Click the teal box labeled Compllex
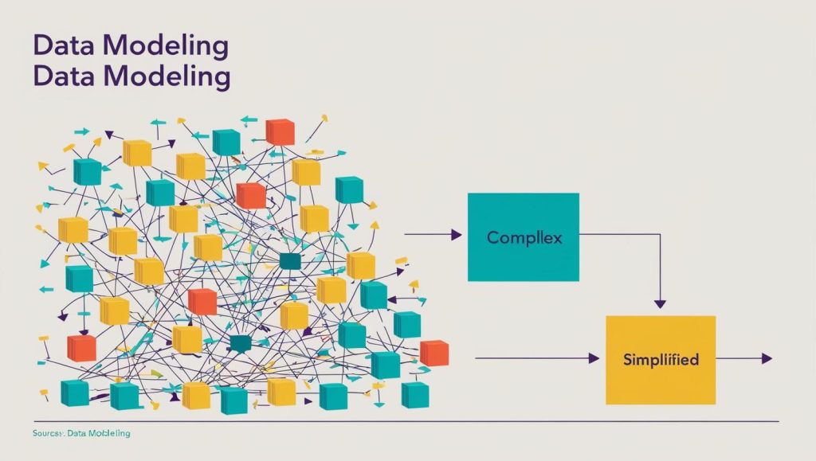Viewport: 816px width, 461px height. coord(524,236)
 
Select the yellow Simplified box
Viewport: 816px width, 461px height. coord(661,359)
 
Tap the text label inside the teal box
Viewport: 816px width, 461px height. coord(524,237)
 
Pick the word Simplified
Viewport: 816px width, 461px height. coord(661,360)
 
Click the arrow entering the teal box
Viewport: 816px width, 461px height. coord(434,235)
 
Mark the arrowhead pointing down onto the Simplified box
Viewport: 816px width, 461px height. coord(659,304)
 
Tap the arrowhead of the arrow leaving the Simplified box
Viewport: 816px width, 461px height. coord(767,359)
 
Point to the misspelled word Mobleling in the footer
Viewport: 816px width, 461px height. coord(110,433)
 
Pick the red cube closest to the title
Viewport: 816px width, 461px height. coord(280,131)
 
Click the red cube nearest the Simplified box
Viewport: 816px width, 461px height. coord(434,353)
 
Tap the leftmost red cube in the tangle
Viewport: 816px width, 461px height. coord(81,347)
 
